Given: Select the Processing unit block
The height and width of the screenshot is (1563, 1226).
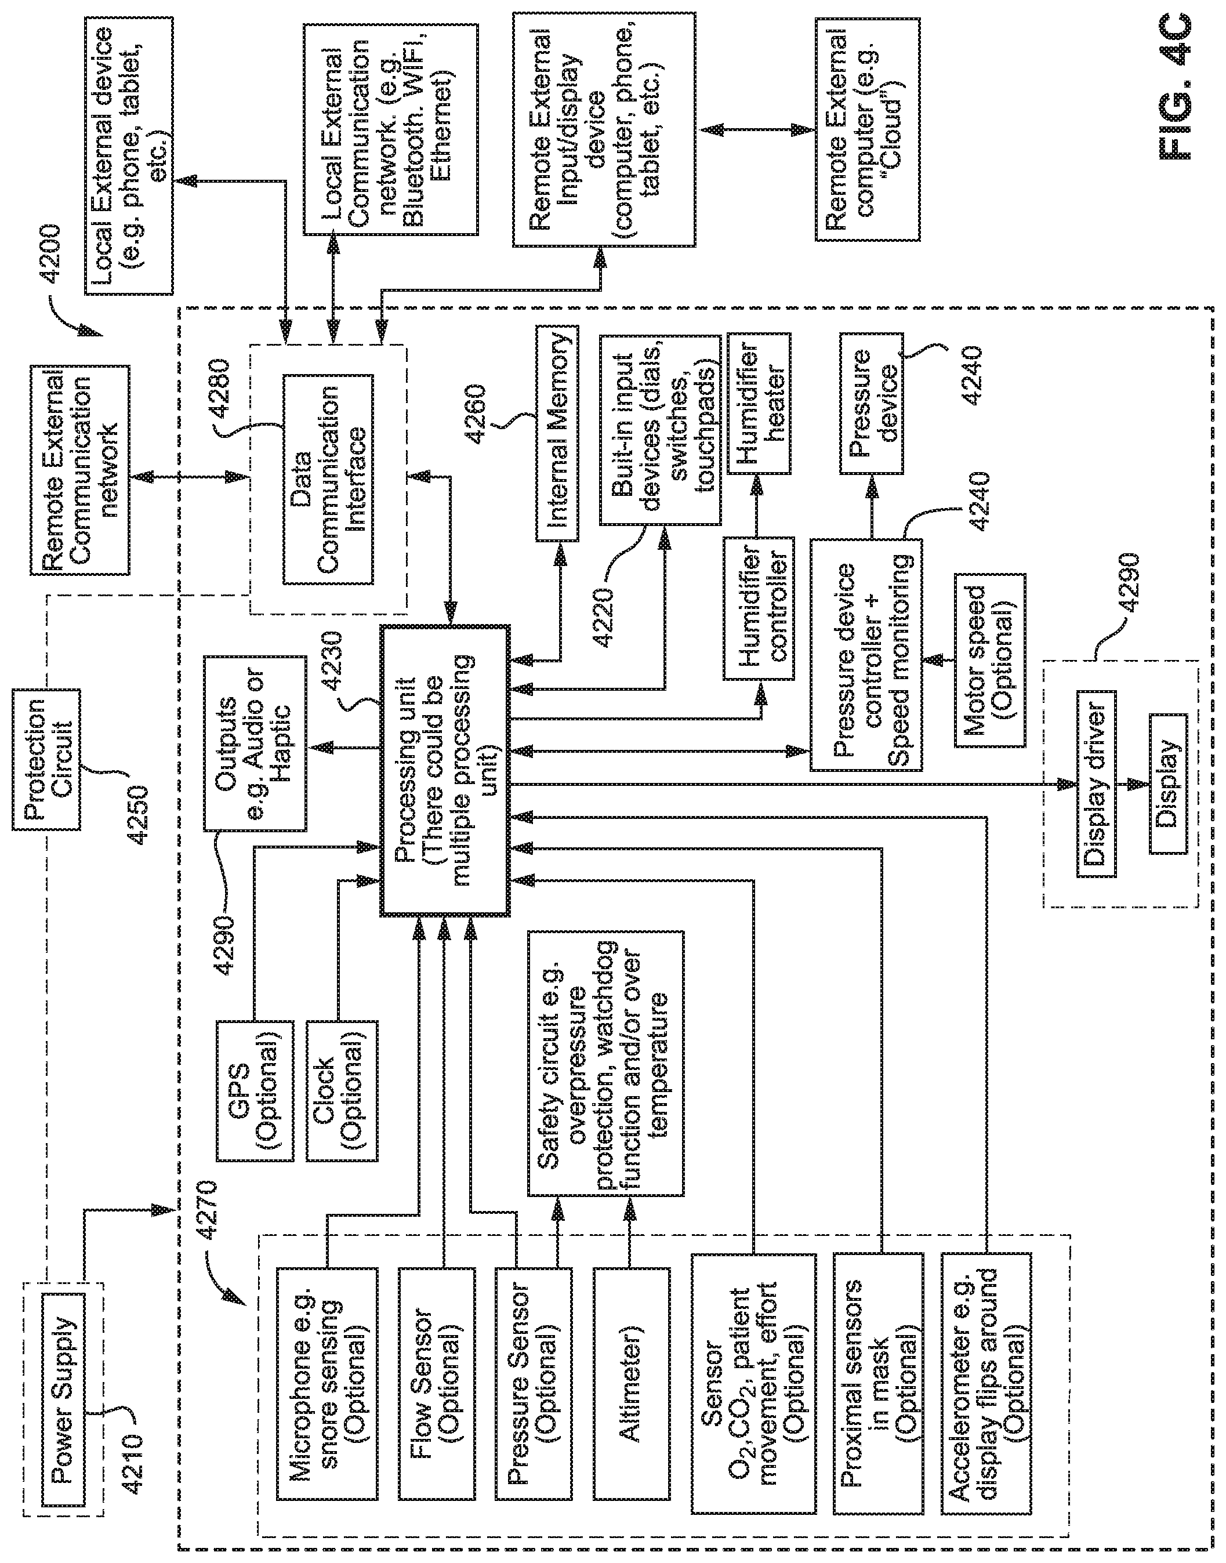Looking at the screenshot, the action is pos(445,771).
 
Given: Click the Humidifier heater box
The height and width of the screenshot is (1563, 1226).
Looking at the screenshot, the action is pos(759,402).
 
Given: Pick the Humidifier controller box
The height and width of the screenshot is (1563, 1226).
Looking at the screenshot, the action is pos(759,608).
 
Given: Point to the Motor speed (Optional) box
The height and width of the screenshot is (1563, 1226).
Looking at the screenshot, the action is pos(989,659).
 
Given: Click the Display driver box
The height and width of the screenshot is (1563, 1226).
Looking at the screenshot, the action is pos(1096,784).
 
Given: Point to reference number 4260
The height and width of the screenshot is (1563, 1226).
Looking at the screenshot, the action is pos(475,414).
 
